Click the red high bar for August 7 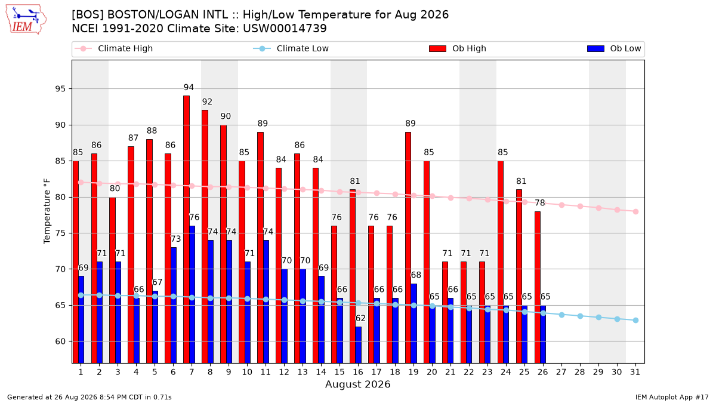coord(186,229)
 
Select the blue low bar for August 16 coord(359,345)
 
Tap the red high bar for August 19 coord(408,248)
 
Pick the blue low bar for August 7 coord(192,294)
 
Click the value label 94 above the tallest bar coord(189,87)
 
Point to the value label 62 coord(360,318)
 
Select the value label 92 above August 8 coord(207,101)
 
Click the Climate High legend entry coord(114,48)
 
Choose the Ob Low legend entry coord(614,48)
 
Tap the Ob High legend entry coord(458,48)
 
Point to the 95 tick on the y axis coord(60,88)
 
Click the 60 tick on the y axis coord(60,342)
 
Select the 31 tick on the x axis coord(635,372)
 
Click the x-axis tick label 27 coord(561,372)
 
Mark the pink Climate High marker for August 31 coord(636,211)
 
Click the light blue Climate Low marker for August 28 coord(580,316)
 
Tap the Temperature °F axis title coord(47,211)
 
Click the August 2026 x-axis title coord(357,384)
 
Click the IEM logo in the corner coord(26,19)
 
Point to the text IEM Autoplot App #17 coord(672,397)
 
